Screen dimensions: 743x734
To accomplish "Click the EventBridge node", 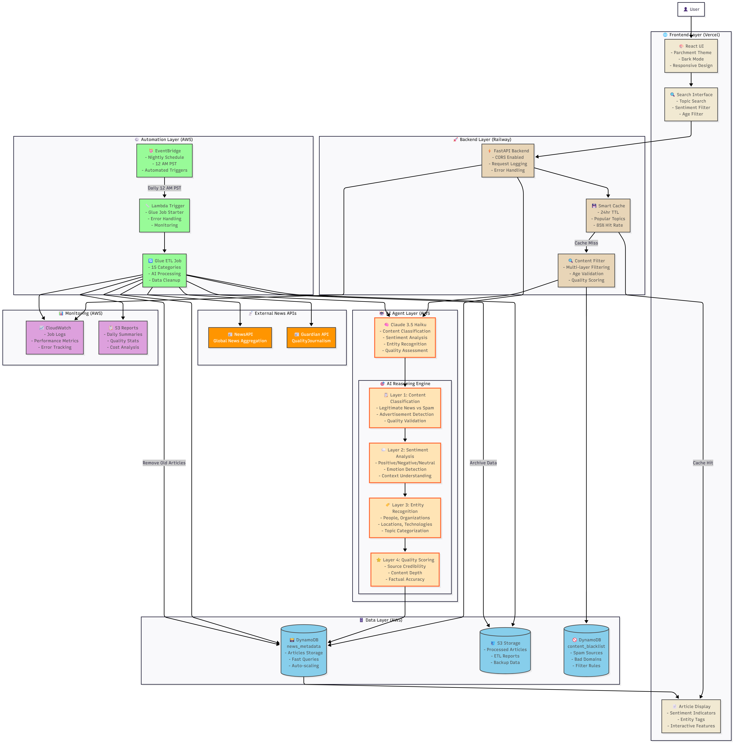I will tap(164, 160).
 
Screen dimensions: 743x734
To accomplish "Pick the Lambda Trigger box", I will tap(164, 215).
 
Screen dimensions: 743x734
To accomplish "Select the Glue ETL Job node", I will tap(164, 270).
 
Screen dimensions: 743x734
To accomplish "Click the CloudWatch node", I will tap(55, 337).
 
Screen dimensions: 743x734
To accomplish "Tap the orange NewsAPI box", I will tap(240, 337).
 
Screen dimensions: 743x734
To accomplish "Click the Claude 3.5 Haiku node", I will tap(405, 337).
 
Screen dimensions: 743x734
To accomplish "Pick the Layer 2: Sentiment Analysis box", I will tap(405, 463).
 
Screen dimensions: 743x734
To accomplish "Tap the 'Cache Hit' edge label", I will tap(703, 463).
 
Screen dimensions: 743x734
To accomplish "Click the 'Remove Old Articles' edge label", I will tap(164, 463).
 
